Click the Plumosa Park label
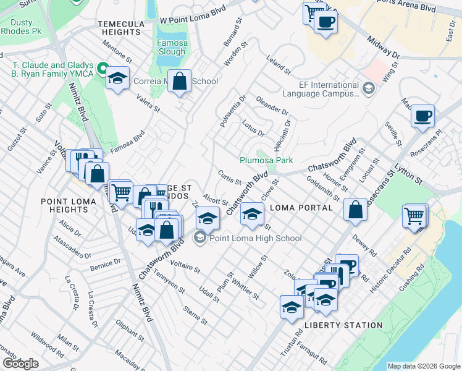pyautogui.click(x=266, y=160)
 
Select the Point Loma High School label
pyautogui.click(x=256, y=239)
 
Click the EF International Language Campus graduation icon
pyautogui.click(x=369, y=88)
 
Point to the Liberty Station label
pyautogui.click(x=343, y=325)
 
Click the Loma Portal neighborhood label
pyautogui.click(x=301, y=208)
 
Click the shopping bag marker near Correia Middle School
pyautogui.click(x=179, y=82)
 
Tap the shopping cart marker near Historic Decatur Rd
pyautogui.click(x=414, y=217)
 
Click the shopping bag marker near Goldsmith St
pyautogui.click(x=356, y=209)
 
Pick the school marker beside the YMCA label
pyautogui.click(x=116, y=79)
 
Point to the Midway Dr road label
pyautogui.click(x=384, y=47)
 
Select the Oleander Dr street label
pyautogui.click(x=272, y=105)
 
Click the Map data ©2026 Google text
pyautogui.click(x=424, y=366)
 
